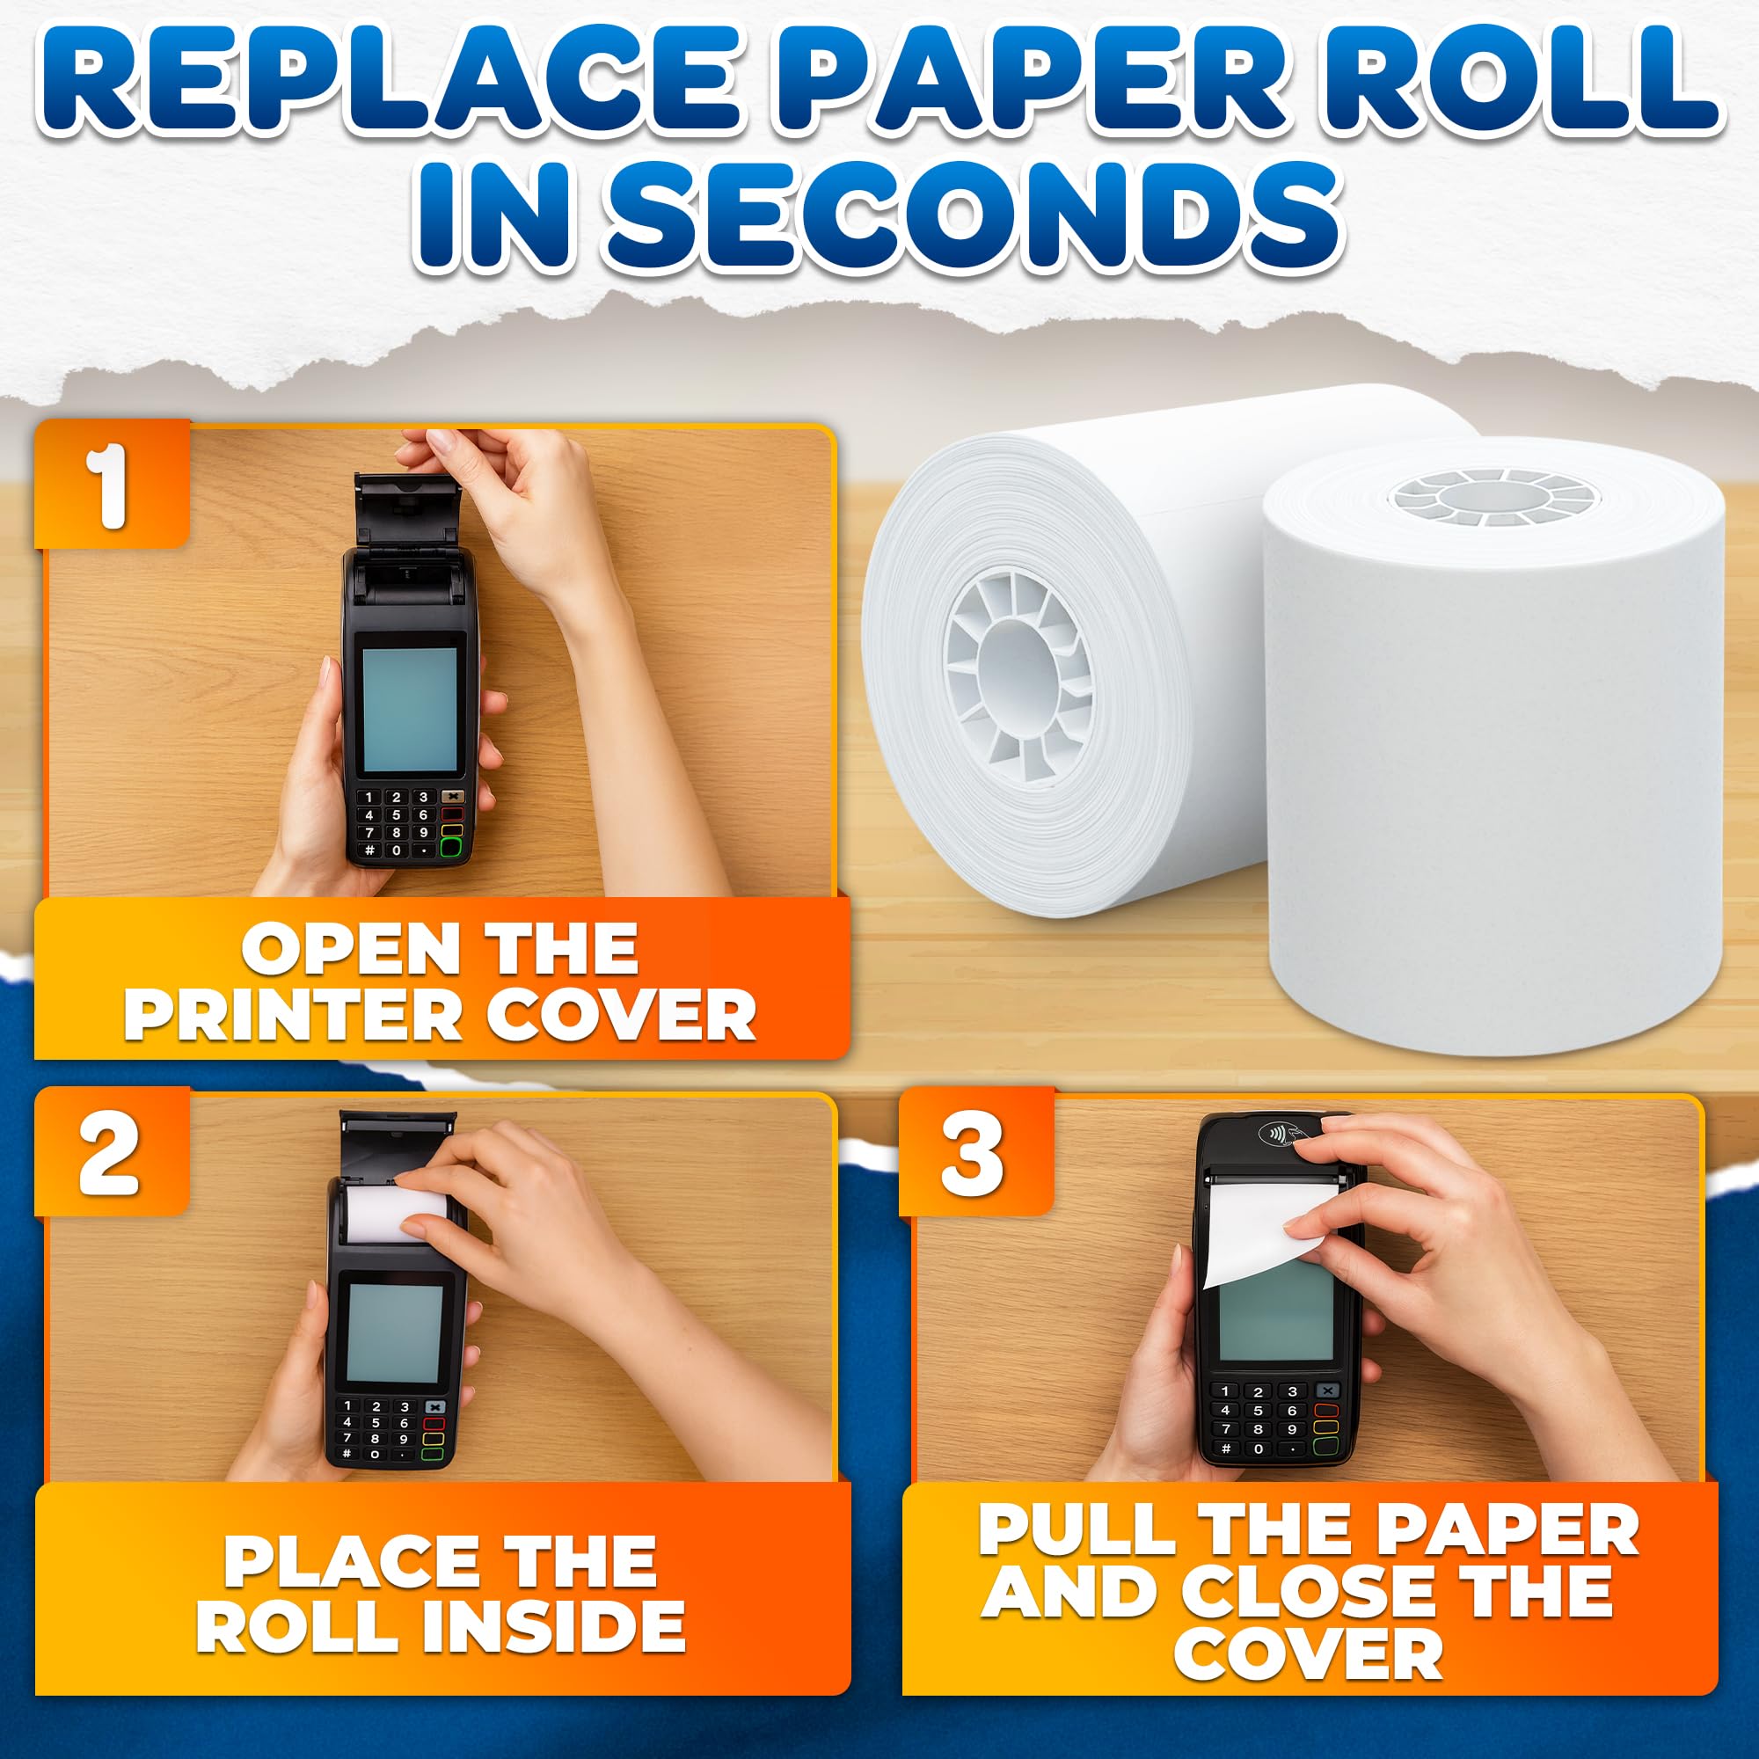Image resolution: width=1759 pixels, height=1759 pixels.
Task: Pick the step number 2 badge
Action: click(x=111, y=1153)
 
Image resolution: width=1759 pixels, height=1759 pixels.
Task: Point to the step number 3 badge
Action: click(x=974, y=1153)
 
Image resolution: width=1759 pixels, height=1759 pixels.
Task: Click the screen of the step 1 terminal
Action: click(x=410, y=709)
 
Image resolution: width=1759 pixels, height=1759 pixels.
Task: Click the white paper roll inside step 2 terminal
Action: click(x=400, y=1211)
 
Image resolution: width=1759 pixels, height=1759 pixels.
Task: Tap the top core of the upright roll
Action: click(x=1493, y=497)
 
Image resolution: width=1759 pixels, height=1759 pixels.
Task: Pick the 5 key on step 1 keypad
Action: click(x=396, y=815)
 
